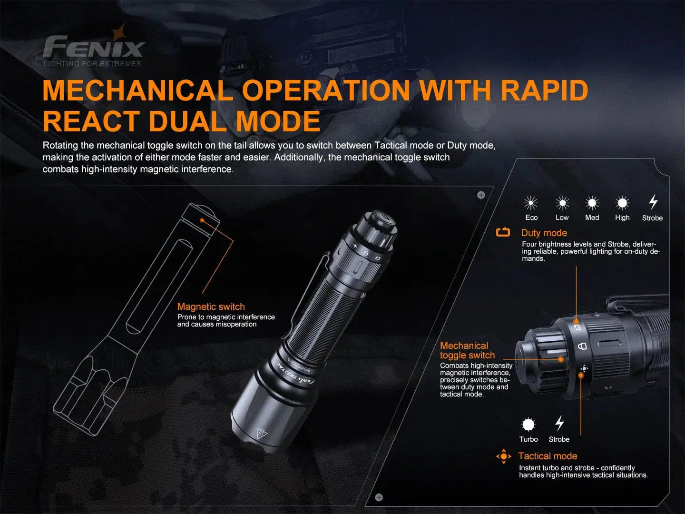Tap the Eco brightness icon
click(x=530, y=203)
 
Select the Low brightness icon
click(x=562, y=203)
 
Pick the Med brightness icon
click(x=592, y=203)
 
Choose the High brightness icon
click(x=622, y=203)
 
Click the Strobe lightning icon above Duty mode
click(x=653, y=202)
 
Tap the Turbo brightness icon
click(x=528, y=424)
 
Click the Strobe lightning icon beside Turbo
click(x=559, y=423)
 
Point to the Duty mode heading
click(x=544, y=233)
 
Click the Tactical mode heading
click(x=548, y=456)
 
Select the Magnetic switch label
click(x=211, y=307)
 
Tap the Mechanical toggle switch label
click(x=467, y=350)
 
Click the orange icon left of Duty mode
click(x=503, y=232)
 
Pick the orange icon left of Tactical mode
click(x=503, y=456)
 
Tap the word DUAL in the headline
click(x=189, y=121)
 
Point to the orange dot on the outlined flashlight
click(x=202, y=221)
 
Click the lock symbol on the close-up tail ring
click(x=581, y=346)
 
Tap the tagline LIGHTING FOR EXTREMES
click(x=92, y=64)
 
